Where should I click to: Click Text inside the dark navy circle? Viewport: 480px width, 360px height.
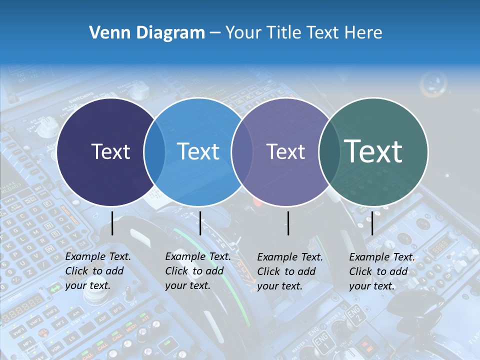(x=110, y=151)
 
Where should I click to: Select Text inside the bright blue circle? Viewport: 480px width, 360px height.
(x=198, y=151)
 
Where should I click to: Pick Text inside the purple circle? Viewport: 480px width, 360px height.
(x=285, y=151)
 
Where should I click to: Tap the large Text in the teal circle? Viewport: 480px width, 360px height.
(x=373, y=151)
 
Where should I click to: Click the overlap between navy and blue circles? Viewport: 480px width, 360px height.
(x=154, y=152)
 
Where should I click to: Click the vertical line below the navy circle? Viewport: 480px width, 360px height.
(x=112, y=223)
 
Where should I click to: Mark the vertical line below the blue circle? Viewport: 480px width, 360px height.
(x=200, y=223)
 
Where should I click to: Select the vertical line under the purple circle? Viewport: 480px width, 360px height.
(x=288, y=223)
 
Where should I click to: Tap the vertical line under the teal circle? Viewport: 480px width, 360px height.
(x=372, y=223)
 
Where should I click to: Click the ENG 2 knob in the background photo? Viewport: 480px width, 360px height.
(x=353, y=315)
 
